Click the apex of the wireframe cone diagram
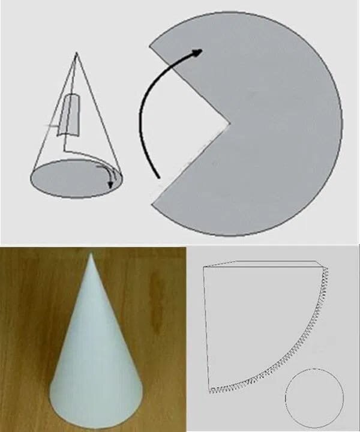76,53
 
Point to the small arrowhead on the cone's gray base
110,185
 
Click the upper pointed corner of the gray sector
150,47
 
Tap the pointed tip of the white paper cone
90,254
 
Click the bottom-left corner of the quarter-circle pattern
209,390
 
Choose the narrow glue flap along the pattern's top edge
264,265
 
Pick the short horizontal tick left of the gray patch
53,125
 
